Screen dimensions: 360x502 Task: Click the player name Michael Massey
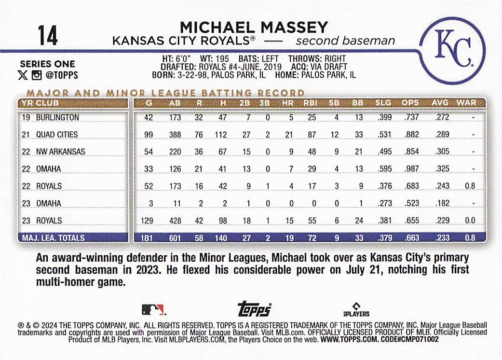pyautogui.click(x=254, y=27)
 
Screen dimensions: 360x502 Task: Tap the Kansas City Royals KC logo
pyautogui.click(x=453, y=50)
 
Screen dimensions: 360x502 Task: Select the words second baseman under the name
pyautogui.click(x=345, y=41)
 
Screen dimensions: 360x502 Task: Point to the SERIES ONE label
pyautogui.click(x=47, y=64)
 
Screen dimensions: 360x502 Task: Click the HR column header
pyautogui.click(x=288, y=103)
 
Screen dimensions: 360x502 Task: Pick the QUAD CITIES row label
pyautogui.click(x=56, y=135)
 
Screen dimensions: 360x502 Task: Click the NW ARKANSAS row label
pyautogui.click(x=60, y=152)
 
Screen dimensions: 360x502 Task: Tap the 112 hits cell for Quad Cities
pyautogui.click(x=220, y=135)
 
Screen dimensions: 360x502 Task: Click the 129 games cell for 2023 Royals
pyautogui.click(x=150, y=221)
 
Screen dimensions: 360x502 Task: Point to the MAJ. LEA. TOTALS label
pyautogui.click(x=53, y=237)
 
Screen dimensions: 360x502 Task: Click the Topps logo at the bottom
pyautogui.click(x=254, y=309)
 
